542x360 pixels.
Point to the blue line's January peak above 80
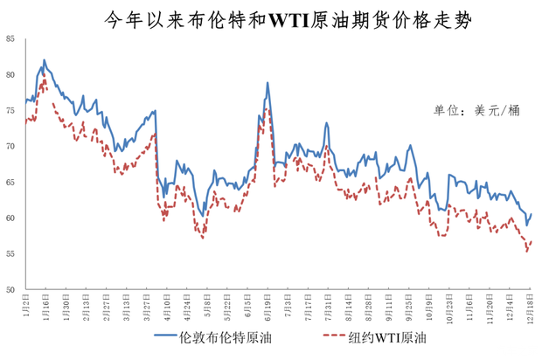coord(44,60)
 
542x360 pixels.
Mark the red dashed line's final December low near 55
coord(527,252)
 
